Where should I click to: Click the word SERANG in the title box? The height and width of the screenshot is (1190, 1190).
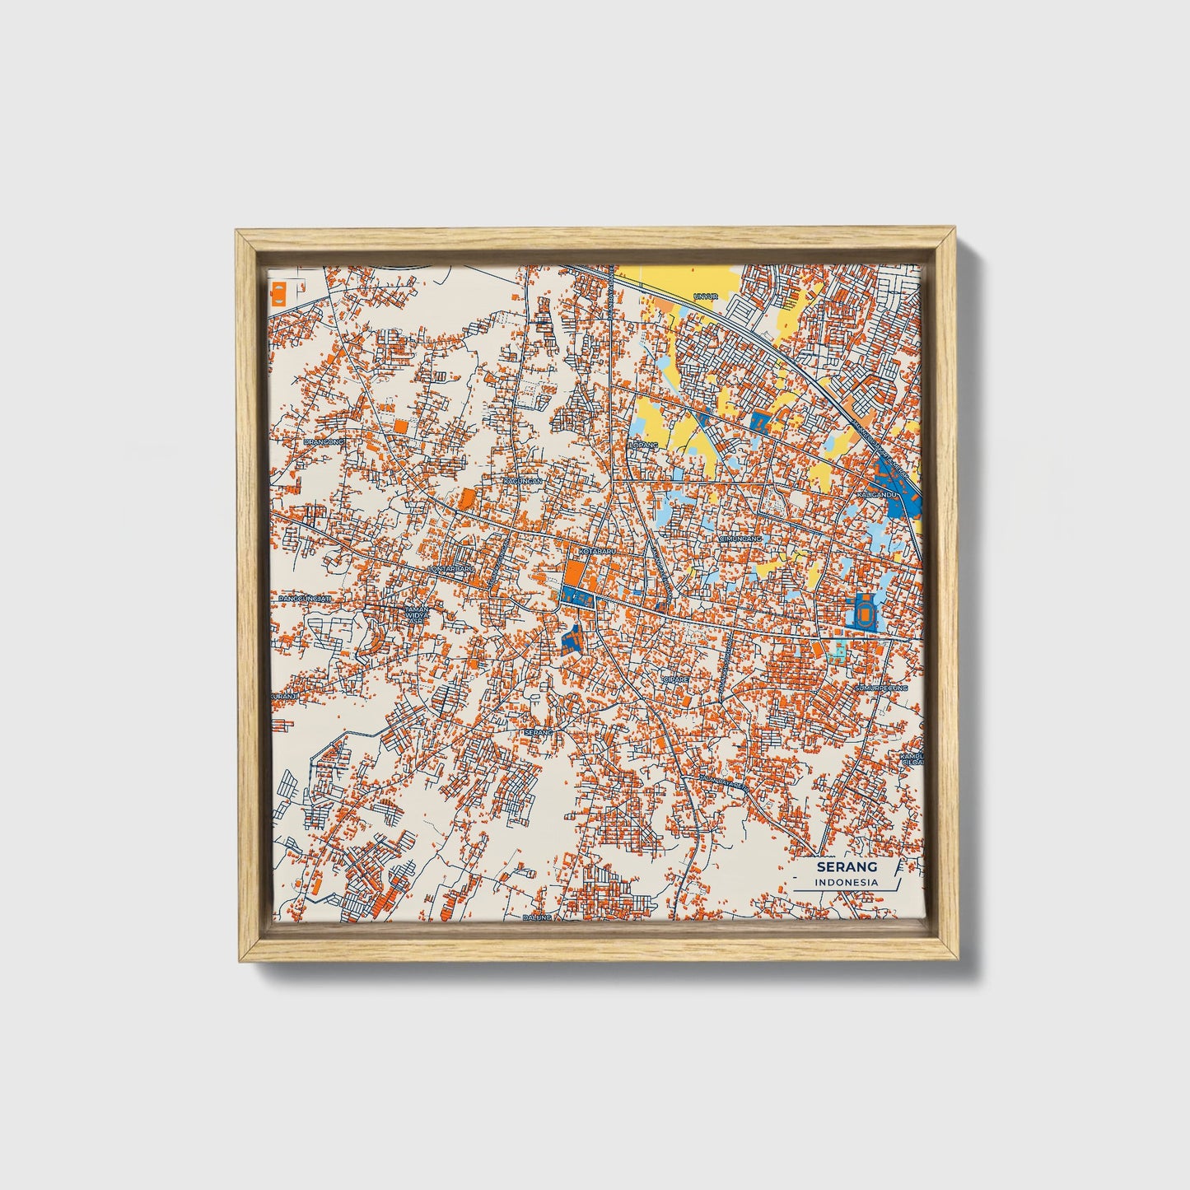[847, 866]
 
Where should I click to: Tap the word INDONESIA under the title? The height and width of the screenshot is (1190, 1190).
[847, 882]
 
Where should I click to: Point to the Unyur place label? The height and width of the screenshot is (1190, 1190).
[707, 296]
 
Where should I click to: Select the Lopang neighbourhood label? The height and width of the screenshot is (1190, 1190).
[644, 445]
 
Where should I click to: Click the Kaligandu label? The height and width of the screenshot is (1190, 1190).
[876, 494]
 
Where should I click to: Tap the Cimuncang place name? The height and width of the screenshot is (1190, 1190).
[738, 539]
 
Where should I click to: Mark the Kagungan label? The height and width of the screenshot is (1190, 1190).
[523, 480]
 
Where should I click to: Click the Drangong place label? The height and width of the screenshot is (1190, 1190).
[323, 441]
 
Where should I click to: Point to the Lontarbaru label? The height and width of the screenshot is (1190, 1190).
[452, 568]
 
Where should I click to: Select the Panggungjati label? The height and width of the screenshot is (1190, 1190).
[305, 598]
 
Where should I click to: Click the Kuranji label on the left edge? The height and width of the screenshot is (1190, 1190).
[283, 696]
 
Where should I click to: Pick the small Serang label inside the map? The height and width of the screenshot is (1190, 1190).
[537, 731]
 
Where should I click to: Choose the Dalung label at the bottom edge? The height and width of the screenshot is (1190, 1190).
[536, 917]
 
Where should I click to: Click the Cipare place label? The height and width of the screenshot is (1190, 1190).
[675, 679]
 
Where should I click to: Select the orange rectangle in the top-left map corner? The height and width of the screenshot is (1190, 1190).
[278, 293]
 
